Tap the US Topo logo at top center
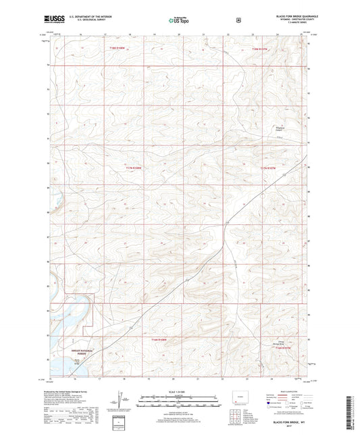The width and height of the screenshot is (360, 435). tap(179, 20)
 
